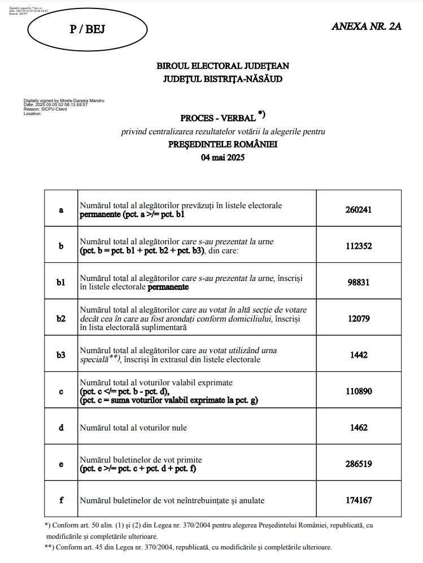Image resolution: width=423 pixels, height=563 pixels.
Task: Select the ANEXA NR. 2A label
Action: click(367, 27)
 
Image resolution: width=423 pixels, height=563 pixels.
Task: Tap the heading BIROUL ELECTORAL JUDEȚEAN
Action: click(223, 66)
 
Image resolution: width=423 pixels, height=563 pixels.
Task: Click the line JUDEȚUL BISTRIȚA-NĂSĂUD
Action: click(223, 79)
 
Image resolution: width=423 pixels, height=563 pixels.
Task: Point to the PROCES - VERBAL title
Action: click(217, 118)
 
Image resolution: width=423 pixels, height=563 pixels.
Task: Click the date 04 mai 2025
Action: click(223, 157)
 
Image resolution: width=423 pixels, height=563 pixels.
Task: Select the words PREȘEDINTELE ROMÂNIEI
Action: click(223, 144)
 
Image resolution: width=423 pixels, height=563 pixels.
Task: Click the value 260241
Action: click(359, 210)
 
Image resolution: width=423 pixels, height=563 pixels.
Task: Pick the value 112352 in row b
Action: click(359, 246)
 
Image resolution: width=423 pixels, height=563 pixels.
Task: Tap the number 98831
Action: click(359, 282)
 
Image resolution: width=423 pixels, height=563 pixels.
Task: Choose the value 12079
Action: click(359, 319)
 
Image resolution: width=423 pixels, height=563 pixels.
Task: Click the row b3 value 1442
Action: click(359, 355)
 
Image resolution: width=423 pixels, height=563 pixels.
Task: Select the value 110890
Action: click(359, 391)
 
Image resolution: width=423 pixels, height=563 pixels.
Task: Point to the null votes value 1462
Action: click(359, 428)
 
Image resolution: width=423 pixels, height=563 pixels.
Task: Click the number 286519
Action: click(359, 464)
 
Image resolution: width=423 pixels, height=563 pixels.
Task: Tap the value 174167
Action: click(359, 500)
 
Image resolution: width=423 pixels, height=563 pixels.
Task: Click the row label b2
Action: click(61, 319)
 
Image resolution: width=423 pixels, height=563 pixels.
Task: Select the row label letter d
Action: click(61, 428)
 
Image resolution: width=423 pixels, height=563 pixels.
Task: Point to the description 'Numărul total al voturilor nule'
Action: click(133, 428)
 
